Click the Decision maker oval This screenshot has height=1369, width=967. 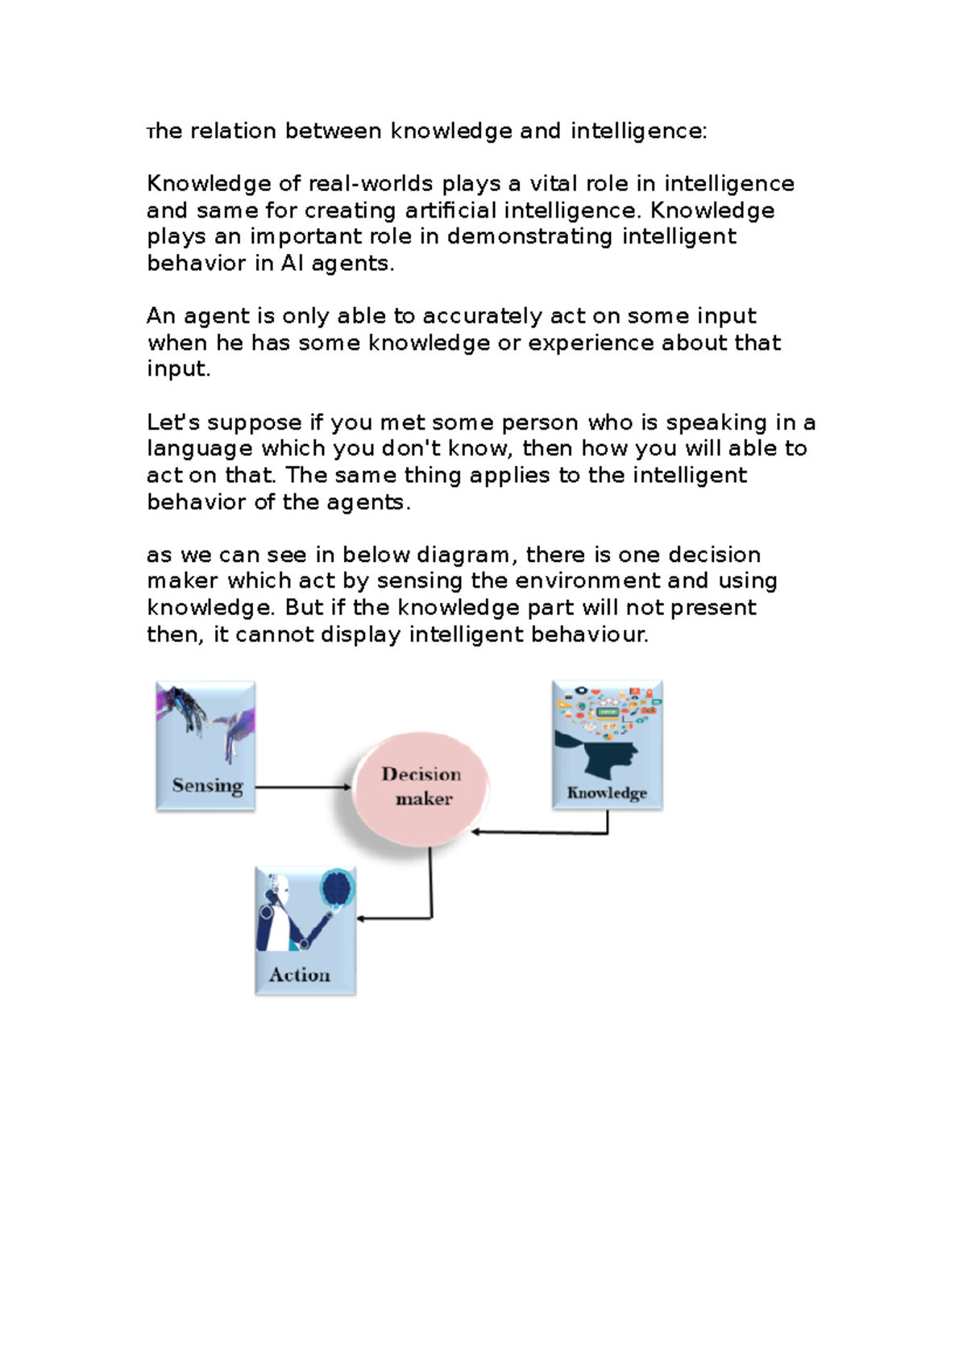click(x=421, y=788)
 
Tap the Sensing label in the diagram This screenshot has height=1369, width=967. click(x=207, y=785)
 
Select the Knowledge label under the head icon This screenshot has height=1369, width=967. click(x=607, y=793)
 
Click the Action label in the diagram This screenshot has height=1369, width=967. click(x=300, y=975)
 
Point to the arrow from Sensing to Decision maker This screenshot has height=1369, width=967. click(x=302, y=787)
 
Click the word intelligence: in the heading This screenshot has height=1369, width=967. click(x=638, y=131)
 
